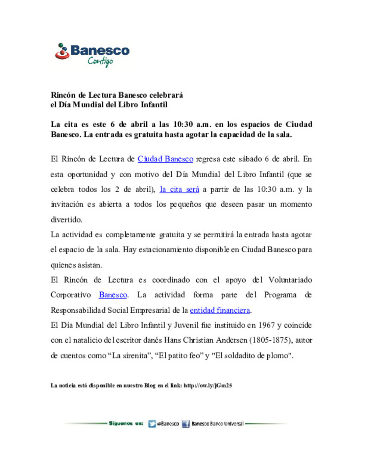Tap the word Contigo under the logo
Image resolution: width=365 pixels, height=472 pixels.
click(x=100, y=61)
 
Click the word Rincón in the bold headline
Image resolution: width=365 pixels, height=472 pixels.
click(x=63, y=95)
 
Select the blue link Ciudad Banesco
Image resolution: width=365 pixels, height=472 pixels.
click(x=165, y=159)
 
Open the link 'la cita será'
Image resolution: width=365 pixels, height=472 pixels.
click(x=179, y=189)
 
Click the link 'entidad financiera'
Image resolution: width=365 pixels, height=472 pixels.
click(x=220, y=310)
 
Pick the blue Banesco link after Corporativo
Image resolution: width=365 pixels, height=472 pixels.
click(x=113, y=295)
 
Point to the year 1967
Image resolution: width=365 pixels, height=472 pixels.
click(x=266, y=325)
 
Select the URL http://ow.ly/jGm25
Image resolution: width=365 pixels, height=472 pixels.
click(x=208, y=386)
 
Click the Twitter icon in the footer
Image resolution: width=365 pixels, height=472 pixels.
click(x=152, y=424)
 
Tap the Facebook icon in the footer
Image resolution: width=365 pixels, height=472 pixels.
click(x=186, y=424)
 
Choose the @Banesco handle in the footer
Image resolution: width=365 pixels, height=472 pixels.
click(x=168, y=424)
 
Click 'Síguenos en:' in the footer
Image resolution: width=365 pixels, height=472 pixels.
click(x=126, y=423)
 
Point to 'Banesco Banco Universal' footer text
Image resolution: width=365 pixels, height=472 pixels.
click(x=217, y=424)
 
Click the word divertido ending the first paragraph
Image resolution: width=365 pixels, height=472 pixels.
click(x=66, y=220)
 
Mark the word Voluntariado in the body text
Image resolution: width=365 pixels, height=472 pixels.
click(x=290, y=280)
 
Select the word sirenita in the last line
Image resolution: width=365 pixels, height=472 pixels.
click(x=135, y=356)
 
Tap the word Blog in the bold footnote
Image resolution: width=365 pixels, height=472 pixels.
click(x=150, y=386)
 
